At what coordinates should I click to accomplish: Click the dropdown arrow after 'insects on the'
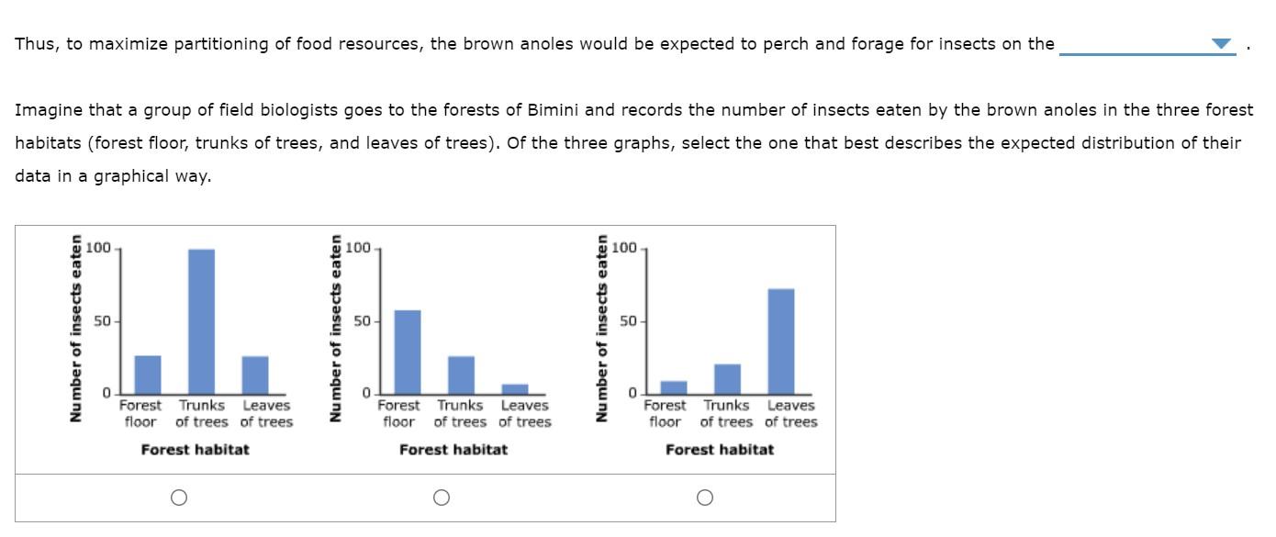1220,44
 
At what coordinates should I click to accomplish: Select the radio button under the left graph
179,498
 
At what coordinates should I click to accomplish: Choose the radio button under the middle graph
442,498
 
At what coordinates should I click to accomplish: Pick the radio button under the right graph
704,498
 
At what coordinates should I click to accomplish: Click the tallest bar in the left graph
201,321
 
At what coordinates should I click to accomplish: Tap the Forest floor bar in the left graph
148,375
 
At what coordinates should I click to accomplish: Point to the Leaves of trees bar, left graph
255,375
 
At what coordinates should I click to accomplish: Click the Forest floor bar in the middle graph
408,352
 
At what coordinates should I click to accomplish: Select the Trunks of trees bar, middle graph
461,375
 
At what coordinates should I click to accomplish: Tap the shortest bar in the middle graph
515,388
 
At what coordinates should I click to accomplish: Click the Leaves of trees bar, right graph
781,341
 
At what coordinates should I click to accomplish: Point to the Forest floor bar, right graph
674,386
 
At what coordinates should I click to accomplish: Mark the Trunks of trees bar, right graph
727,378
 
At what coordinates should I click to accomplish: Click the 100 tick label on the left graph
98,248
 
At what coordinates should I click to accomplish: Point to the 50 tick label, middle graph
361,321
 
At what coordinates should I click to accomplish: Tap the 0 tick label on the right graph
631,394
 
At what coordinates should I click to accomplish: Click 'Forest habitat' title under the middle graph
453,450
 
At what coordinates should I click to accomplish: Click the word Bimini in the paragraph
554,110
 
